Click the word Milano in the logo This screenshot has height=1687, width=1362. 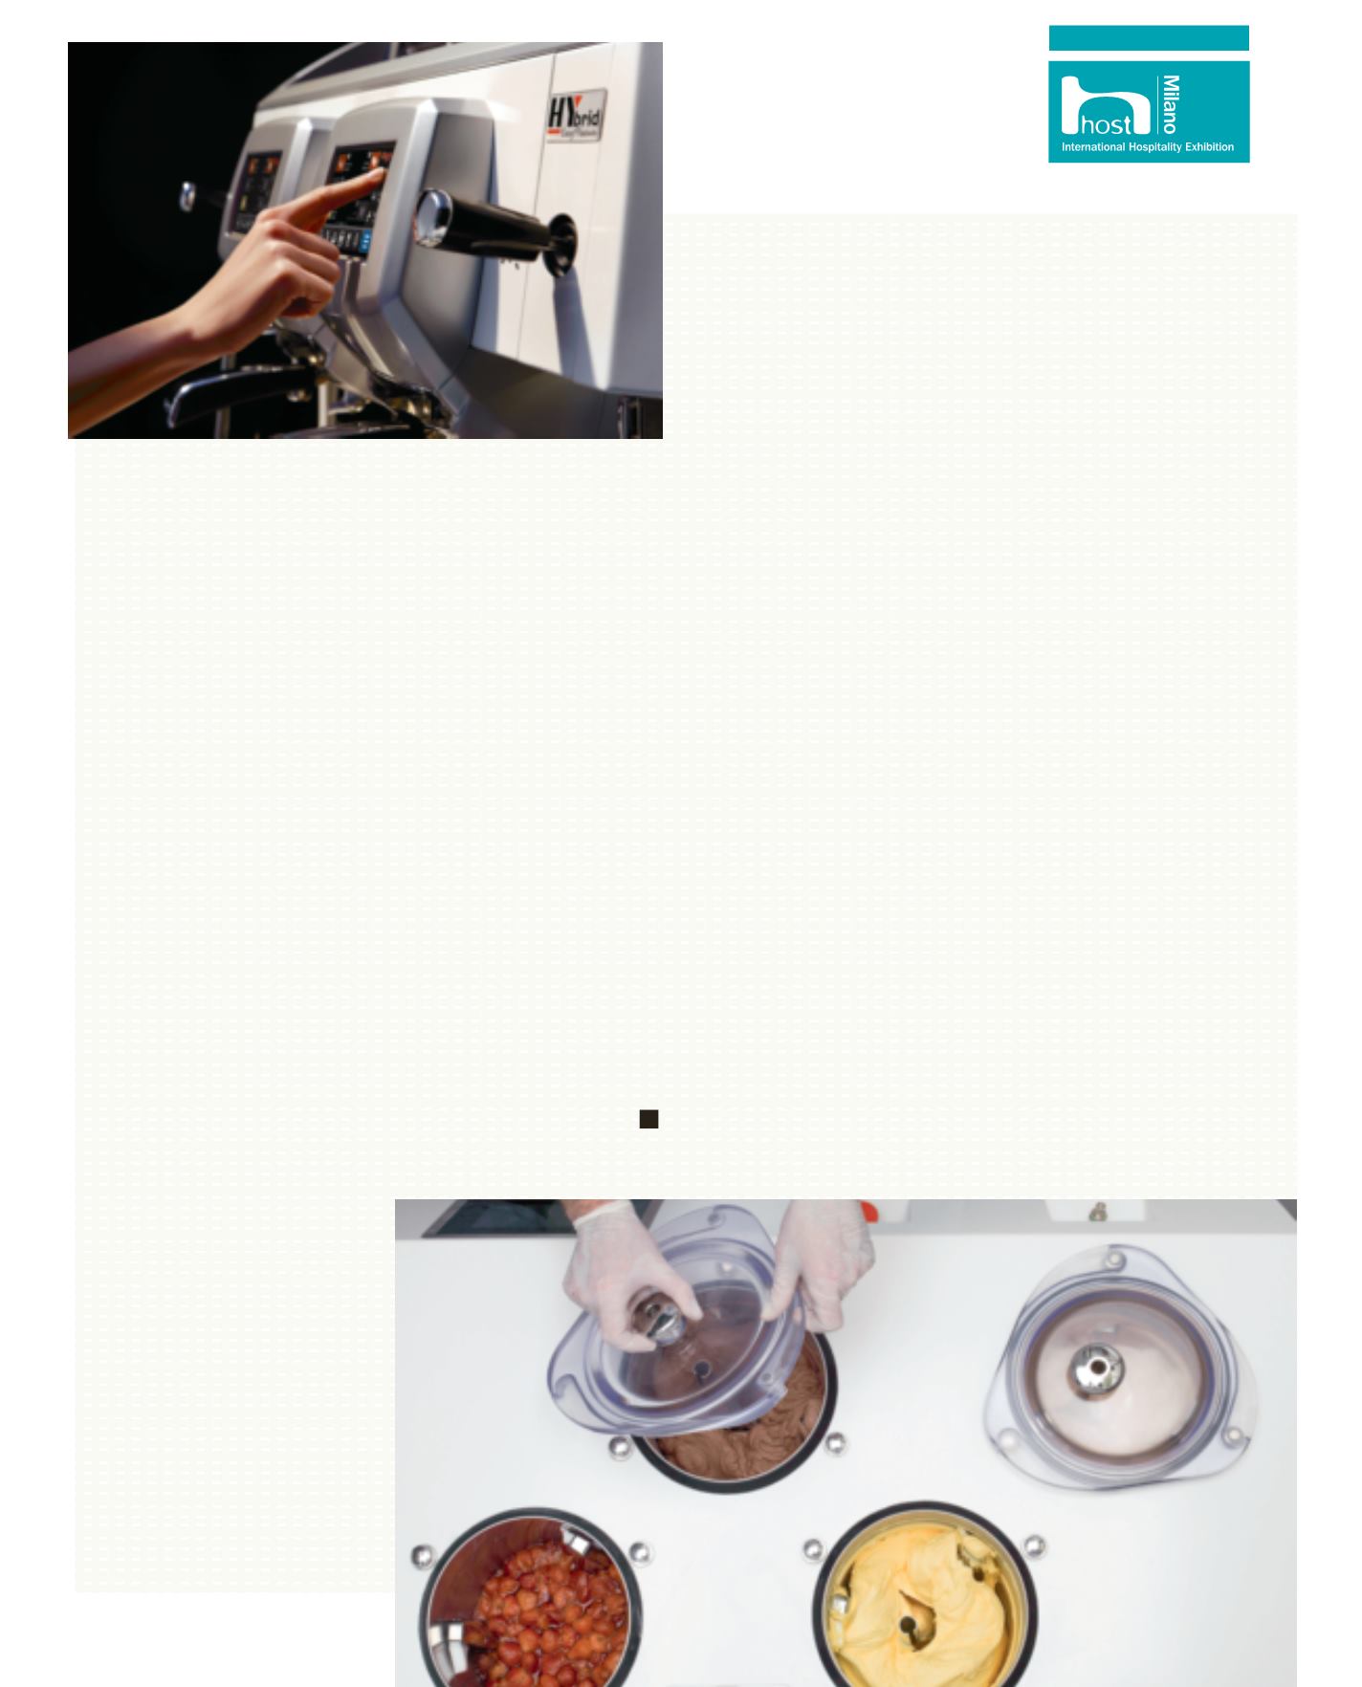(1170, 104)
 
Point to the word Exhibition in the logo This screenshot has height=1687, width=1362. (1210, 148)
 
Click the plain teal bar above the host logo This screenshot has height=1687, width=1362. (1149, 38)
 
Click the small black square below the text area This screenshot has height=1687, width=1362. (648, 1119)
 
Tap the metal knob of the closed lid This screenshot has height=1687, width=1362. (1095, 1369)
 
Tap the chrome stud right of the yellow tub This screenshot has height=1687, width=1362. (1034, 1546)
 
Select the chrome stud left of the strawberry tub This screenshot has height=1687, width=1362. (422, 1557)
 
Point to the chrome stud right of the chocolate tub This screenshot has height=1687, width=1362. (835, 1444)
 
